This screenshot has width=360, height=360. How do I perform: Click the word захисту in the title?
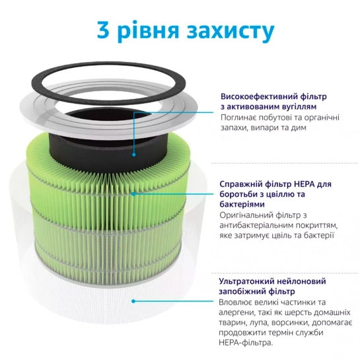click(231, 32)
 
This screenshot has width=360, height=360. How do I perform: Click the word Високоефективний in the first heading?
click(260, 96)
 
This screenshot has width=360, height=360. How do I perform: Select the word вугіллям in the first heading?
click(297, 107)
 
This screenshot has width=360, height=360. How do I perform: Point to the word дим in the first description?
click(299, 127)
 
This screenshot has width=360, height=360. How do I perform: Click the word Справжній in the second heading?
click(240, 184)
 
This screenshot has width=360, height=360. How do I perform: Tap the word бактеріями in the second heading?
click(242, 204)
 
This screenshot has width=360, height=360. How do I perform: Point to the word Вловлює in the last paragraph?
click(234, 302)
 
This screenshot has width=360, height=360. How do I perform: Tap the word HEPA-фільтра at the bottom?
click(246, 343)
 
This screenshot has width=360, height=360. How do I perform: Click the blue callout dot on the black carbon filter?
click(134, 155)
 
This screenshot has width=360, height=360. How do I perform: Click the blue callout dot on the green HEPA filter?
click(133, 194)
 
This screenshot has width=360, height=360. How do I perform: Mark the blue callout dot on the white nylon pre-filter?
click(133, 301)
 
